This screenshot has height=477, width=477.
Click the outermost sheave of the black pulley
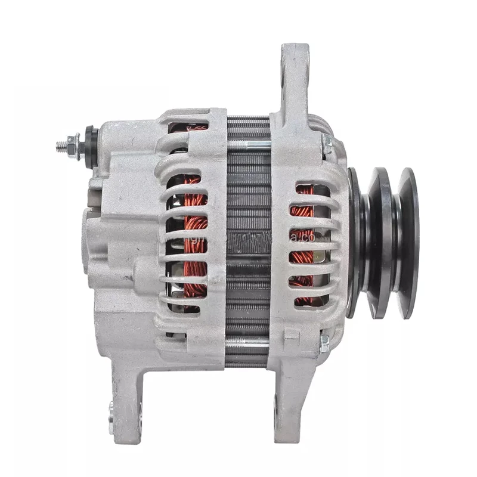pyautogui.click(x=409, y=243)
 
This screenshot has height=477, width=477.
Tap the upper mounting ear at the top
pyautogui.click(x=295, y=72)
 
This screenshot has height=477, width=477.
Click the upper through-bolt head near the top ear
pyautogui.click(x=327, y=143)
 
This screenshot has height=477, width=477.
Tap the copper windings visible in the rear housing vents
pyautogui.click(x=194, y=238)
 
